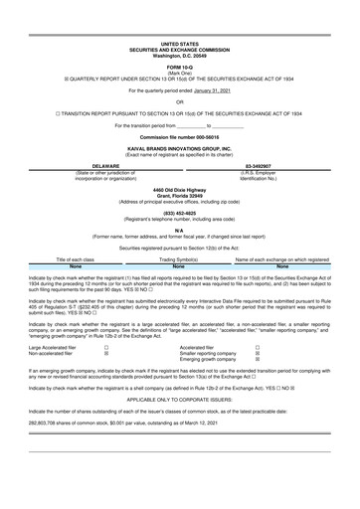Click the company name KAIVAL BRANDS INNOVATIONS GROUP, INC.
coord(180,170)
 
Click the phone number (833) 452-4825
coord(180,240)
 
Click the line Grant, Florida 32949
coord(180,223)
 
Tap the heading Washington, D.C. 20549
coord(180,28)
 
